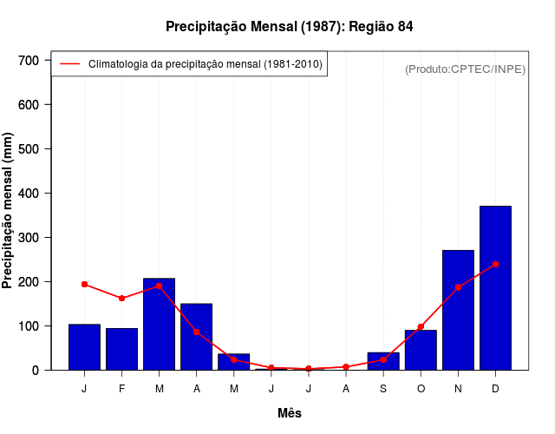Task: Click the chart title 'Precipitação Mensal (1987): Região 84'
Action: click(x=289, y=27)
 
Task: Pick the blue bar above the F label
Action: click(x=121, y=349)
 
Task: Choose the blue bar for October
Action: click(x=421, y=352)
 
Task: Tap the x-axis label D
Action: click(x=495, y=389)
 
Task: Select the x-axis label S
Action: click(x=383, y=389)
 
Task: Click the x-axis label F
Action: click(x=121, y=389)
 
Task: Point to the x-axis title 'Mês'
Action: click(x=290, y=413)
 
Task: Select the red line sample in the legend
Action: click(x=69, y=64)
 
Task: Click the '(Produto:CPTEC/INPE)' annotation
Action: click(x=465, y=69)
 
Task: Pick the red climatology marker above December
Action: click(x=495, y=264)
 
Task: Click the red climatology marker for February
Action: click(x=121, y=299)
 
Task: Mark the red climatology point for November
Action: click(x=458, y=287)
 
